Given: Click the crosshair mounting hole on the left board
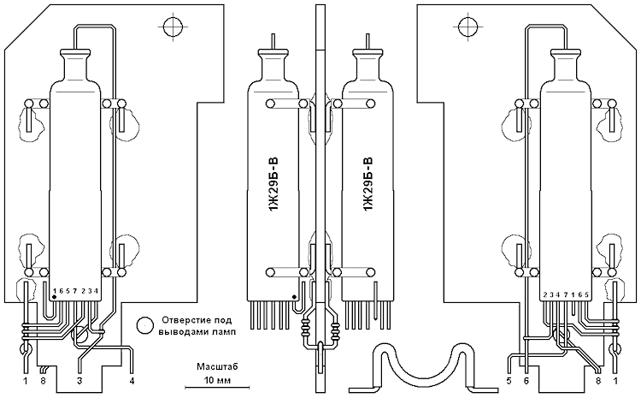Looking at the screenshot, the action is click(x=173, y=27).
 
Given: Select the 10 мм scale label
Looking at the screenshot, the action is click(x=217, y=380).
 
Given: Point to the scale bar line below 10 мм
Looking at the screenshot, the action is click(x=217, y=387).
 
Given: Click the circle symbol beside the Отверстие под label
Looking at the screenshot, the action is click(x=144, y=325).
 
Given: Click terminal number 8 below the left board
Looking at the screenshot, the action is click(x=43, y=381).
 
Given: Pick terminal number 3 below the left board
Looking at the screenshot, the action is click(x=79, y=381).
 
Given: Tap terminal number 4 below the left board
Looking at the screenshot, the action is click(x=132, y=381).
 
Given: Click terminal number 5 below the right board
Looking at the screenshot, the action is click(x=509, y=381).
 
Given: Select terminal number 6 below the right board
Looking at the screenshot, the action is click(x=526, y=381).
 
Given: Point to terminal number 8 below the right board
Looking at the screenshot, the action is click(x=599, y=381).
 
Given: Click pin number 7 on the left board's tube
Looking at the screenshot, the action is click(x=75, y=291).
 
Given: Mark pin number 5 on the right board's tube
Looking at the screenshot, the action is click(x=586, y=294).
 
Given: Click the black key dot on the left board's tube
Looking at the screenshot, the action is click(x=55, y=296).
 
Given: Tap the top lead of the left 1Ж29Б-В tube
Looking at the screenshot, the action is click(x=273, y=41).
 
